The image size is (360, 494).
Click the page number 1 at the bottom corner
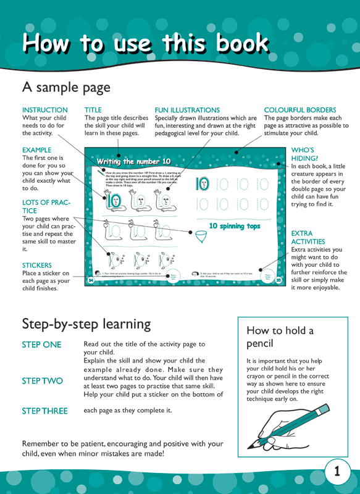click(337, 472)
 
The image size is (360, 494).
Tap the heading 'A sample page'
click(66, 87)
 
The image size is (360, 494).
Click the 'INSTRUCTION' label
click(45, 110)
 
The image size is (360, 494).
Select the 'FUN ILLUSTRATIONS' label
click(187, 110)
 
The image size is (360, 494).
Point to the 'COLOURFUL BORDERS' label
click(300, 110)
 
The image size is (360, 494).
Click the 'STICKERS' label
click(37, 266)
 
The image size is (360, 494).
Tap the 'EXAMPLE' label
click(36, 150)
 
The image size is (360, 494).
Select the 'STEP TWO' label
click(42, 381)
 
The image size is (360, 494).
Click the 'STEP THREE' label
click(44, 411)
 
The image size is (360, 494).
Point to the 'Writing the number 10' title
click(133, 161)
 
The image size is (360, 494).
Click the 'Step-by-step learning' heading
click(86, 324)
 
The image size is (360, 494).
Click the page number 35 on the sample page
click(278, 280)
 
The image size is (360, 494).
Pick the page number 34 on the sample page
click(91, 280)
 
